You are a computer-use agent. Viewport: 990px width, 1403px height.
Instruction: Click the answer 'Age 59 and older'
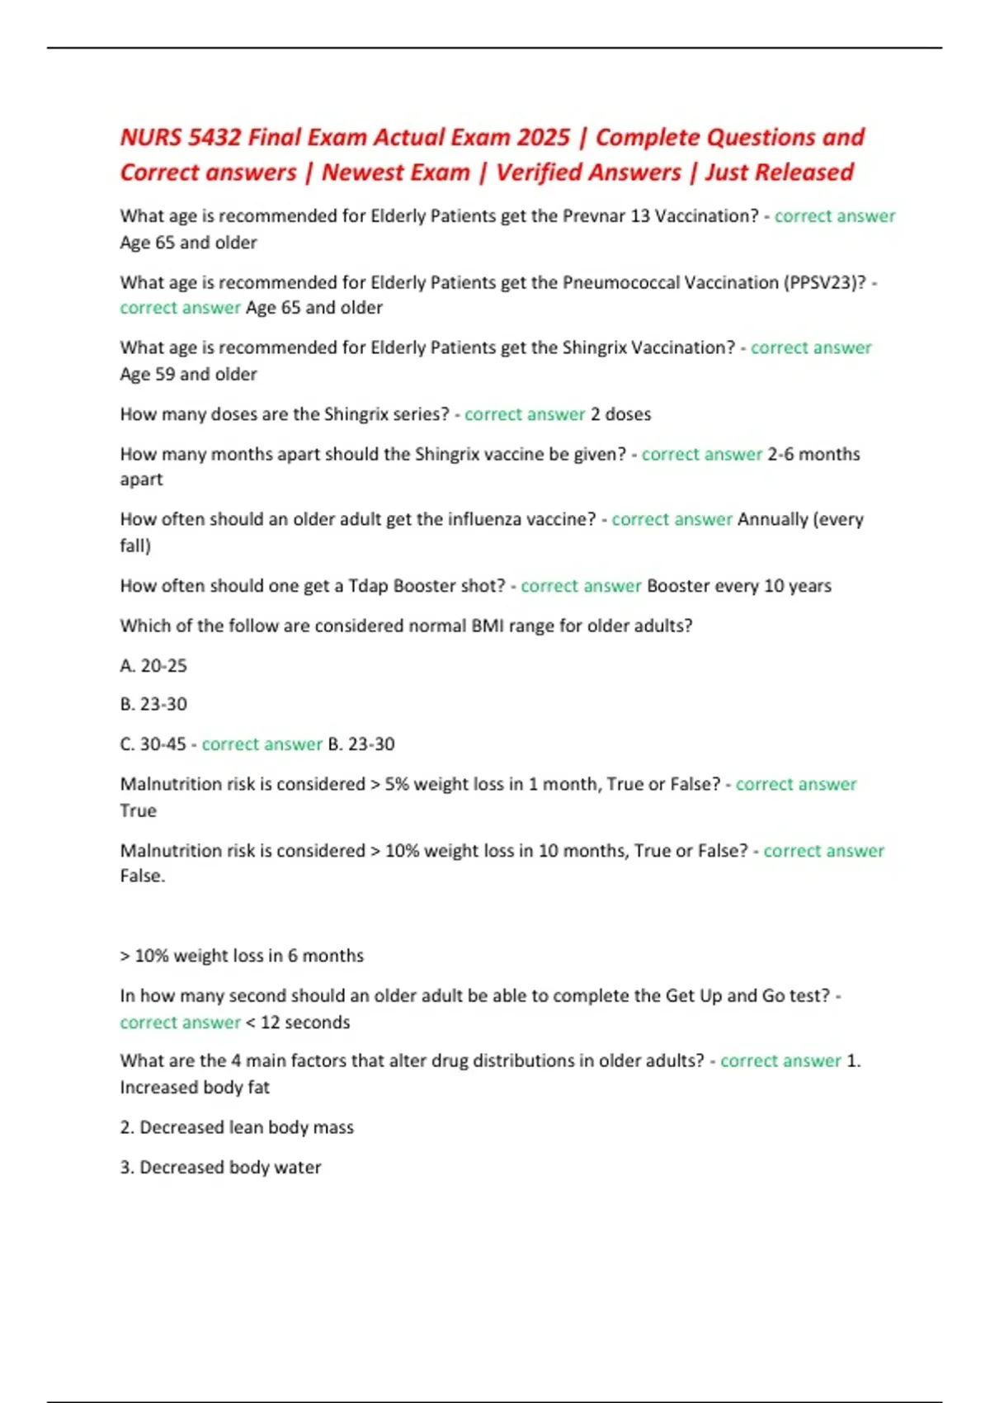click(188, 374)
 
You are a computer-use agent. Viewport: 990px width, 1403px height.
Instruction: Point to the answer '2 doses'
click(620, 414)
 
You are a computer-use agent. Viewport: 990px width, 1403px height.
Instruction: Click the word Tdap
click(368, 586)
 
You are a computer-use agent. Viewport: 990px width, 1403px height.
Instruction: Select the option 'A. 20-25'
click(153, 665)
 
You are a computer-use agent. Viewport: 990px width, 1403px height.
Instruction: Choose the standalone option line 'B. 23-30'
click(153, 704)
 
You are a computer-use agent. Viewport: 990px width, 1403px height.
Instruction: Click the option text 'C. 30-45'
click(153, 744)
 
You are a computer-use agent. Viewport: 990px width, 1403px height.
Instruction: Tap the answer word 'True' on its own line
click(138, 810)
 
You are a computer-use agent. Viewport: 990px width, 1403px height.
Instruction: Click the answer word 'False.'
click(143, 876)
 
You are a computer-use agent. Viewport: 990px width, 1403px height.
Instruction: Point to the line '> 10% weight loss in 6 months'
click(242, 956)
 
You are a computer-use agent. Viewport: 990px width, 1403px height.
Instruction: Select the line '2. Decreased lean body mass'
click(237, 1127)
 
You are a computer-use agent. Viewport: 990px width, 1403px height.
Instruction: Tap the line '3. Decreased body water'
click(220, 1167)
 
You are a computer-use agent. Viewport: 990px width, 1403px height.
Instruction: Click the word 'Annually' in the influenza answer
click(772, 519)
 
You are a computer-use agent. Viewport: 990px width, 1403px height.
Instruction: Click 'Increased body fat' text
click(195, 1087)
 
